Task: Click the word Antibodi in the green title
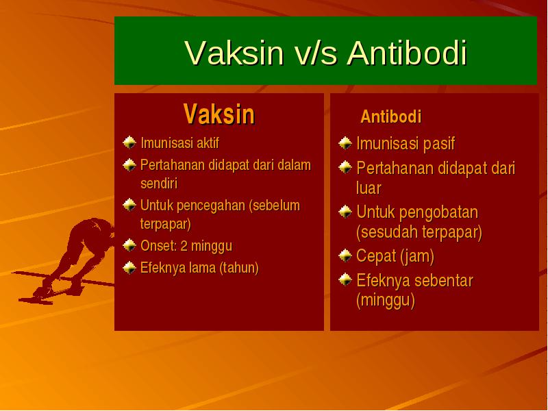pos(407,53)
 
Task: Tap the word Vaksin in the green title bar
pos(234,53)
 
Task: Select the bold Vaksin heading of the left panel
pos(219,114)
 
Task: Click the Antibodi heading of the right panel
pos(390,116)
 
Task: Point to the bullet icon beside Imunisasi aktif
pos(129,142)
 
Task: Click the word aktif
pos(208,143)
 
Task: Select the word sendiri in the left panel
pos(159,184)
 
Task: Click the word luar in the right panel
pos(369,188)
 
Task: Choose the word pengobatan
pos(438,213)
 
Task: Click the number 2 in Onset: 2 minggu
pos(184,246)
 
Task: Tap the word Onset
pos(158,246)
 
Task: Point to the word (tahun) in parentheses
pos(239,268)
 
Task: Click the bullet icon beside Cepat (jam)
pos(345,256)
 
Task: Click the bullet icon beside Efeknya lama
pos(129,268)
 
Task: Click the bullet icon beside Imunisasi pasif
pos(345,143)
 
